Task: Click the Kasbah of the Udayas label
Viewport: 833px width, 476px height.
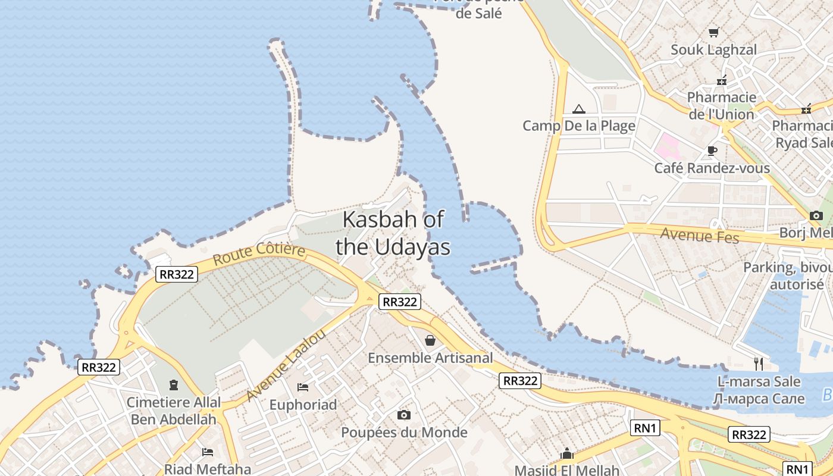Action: point(393,233)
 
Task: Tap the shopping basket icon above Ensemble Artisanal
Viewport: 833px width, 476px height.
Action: point(430,340)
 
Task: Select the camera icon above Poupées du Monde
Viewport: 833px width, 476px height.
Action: point(404,415)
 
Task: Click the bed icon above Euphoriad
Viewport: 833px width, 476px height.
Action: point(303,387)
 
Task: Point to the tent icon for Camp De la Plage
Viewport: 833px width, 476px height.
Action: point(578,109)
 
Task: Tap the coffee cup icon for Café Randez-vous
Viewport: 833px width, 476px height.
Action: point(712,151)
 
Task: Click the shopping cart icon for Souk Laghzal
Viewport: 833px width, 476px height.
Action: point(713,32)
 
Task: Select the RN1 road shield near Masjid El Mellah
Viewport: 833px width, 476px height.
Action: point(645,427)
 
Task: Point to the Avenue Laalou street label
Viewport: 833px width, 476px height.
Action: point(286,365)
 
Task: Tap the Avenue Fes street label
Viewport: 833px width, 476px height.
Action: point(700,235)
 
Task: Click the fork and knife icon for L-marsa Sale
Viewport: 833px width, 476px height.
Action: point(758,363)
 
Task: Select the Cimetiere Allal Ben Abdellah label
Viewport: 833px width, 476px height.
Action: point(173,411)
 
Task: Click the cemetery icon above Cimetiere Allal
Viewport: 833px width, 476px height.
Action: point(174,385)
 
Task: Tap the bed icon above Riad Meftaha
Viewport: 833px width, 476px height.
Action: point(207,452)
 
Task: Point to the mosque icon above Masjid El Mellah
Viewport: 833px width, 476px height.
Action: point(567,454)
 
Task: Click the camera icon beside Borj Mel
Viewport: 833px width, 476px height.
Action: point(816,215)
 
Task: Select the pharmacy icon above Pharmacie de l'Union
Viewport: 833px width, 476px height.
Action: point(722,80)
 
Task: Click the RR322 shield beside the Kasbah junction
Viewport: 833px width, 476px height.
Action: point(400,302)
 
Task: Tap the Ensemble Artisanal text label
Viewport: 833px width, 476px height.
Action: point(430,358)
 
